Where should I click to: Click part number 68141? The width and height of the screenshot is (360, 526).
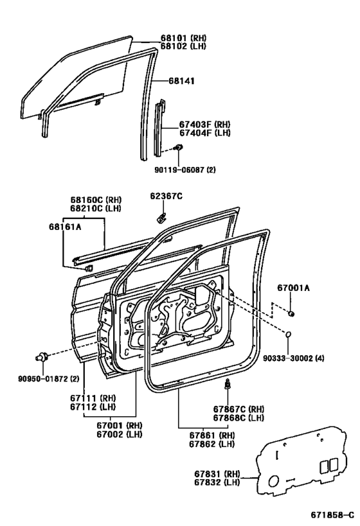(x=181, y=81)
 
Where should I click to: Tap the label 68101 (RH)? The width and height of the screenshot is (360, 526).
(x=183, y=38)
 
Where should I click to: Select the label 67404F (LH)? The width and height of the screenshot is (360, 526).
(x=205, y=133)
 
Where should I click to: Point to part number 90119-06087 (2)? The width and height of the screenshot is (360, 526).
(x=185, y=170)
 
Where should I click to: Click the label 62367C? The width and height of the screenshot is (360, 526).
(x=166, y=196)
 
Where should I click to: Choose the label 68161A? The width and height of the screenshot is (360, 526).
(x=65, y=227)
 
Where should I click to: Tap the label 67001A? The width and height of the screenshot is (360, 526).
(x=294, y=288)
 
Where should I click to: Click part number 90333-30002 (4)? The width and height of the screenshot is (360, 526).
(x=294, y=358)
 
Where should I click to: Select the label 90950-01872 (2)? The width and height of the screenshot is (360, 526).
(x=48, y=379)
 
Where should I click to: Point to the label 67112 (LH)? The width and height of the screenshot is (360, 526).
(x=93, y=407)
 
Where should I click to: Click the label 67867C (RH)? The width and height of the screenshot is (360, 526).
(x=239, y=409)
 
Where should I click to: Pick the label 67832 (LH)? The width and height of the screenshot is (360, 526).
(x=217, y=482)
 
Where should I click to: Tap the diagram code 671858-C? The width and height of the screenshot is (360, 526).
(x=332, y=515)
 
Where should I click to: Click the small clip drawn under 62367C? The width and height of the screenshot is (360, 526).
(x=161, y=217)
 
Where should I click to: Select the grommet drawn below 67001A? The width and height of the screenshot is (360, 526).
(x=291, y=313)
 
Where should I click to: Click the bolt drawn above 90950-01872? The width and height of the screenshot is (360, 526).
(x=42, y=356)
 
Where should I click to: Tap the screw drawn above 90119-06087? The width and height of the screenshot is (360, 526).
(x=179, y=147)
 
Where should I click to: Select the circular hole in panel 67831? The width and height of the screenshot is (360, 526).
(x=274, y=481)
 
